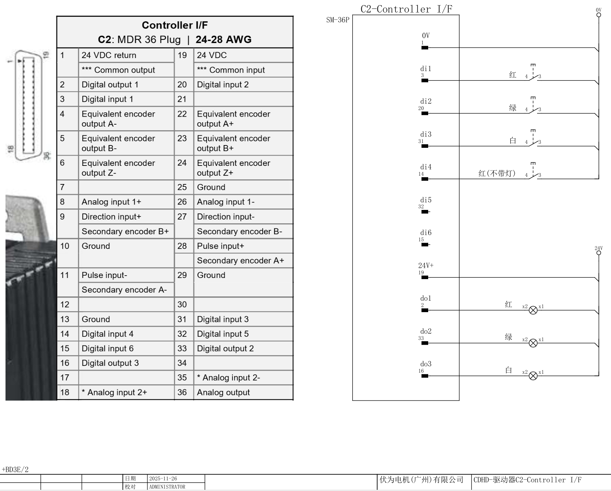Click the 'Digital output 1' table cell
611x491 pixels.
[x=110, y=85]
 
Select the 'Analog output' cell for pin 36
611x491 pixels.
[x=223, y=392]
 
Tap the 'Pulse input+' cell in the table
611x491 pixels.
[x=221, y=246]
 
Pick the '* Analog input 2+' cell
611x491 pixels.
[x=114, y=392]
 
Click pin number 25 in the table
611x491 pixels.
[x=182, y=187]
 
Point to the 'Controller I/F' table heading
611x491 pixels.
[x=175, y=25]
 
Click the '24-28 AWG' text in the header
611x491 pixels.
[x=223, y=39]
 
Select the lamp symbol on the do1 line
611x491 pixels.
[x=533, y=310]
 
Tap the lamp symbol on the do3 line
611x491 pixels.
[x=533, y=376]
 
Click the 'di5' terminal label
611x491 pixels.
[x=426, y=200]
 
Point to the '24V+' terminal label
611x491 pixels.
[x=426, y=266]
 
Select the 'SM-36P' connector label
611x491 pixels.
[x=338, y=20]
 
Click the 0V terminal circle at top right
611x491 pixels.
[x=599, y=15]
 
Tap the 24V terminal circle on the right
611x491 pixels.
[x=599, y=253]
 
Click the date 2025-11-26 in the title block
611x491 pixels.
[x=163, y=478]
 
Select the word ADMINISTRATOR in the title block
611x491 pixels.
[x=167, y=487]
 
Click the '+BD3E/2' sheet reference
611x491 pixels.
[x=15, y=469]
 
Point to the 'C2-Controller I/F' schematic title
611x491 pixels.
[x=406, y=9]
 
